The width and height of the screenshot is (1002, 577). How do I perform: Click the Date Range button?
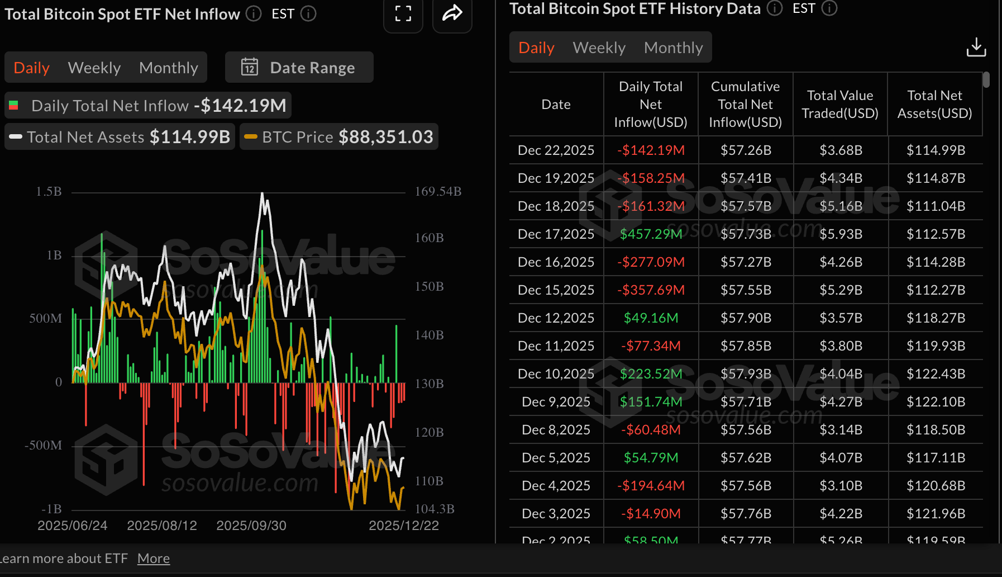(x=299, y=68)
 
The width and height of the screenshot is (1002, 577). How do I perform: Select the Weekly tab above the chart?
(x=94, y=68)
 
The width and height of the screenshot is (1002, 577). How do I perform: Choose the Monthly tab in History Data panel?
(x=673, y=48)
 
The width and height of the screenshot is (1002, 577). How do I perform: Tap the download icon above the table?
(x=976, y=48)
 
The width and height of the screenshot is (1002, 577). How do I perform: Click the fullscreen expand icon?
(x=403, y=13)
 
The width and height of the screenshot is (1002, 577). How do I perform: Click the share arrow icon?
(x=452, y=13)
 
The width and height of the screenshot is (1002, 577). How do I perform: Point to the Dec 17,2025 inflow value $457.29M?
(x=651, y=234)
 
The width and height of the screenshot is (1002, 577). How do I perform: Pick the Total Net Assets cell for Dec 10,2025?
(x=936, y=373)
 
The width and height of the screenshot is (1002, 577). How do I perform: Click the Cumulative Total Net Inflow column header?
(x=745, y=104)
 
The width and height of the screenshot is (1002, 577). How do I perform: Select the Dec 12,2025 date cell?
(x=556, y=318)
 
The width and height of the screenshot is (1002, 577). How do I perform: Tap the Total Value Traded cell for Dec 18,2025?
(x=841, y=206)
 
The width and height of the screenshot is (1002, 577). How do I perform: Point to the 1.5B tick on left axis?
(x=49, y=191)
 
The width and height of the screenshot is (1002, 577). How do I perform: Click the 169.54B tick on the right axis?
(x=438, y=191)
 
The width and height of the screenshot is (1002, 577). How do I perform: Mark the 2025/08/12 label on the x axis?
(x=162, y=526)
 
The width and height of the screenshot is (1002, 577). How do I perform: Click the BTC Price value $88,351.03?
(x=386, y=137)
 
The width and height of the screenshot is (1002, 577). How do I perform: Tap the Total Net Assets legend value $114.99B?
(x=190, y=137)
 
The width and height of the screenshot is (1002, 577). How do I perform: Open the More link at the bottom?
(x=154, y=559)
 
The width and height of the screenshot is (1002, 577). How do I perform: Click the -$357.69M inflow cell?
(x=651, y=290)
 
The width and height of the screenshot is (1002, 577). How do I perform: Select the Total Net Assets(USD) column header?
(x=934, y=104)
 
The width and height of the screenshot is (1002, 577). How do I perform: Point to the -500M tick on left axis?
(x=43, y=445)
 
